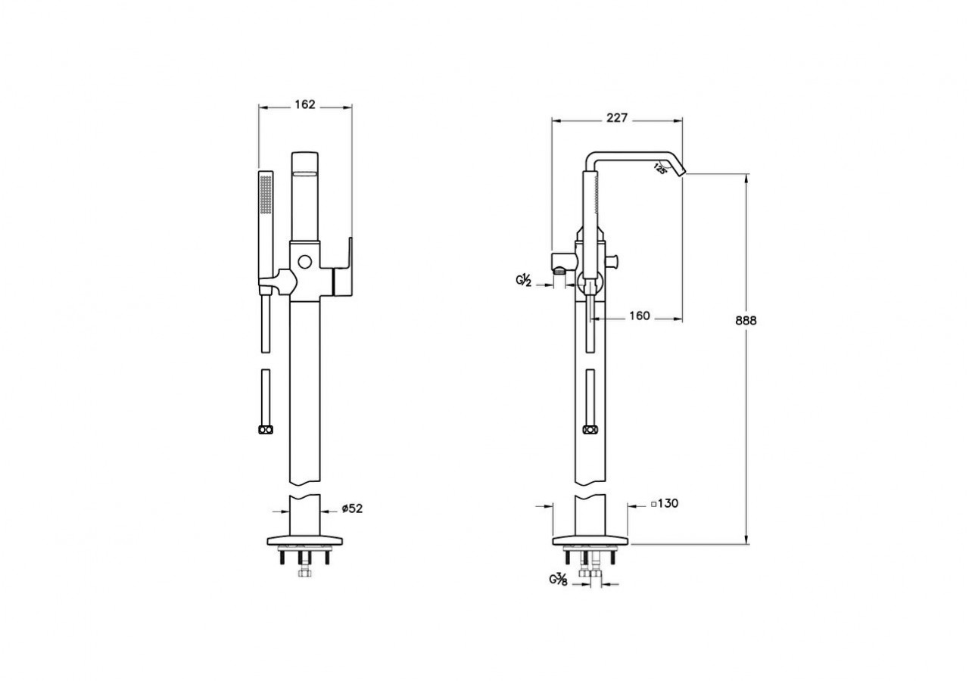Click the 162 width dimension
[x=305, y=104]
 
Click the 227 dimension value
[x=616, y=117]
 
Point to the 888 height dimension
[x=746, y=320]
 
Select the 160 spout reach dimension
[x=640, y=316]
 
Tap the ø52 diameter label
[x=352, y=508]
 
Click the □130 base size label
[x=665, y=503]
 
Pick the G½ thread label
[x=523, y=280]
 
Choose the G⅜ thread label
[x=559, y=579]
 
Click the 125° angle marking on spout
[x=659, y=168]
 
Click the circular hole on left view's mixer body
[x=305, y=262]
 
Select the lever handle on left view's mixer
[x=343, y=267]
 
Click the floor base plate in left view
[x=305, y=540]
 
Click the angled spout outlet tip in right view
[x=681, y=172]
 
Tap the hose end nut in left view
[x=266, y=430]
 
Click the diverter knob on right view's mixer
[x=613, y=261]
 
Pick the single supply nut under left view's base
[x=305, y=573]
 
